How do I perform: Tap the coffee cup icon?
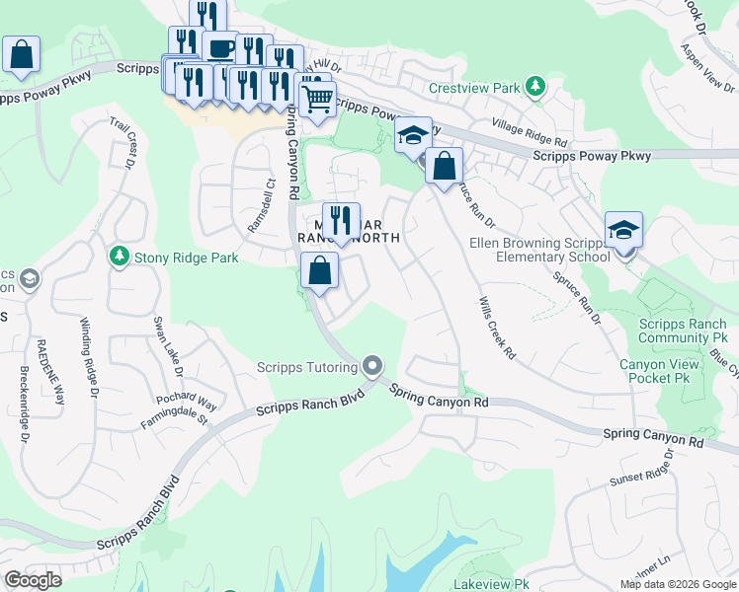click(x=219, y=49)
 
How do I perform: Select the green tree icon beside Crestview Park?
click(x=535, y=87)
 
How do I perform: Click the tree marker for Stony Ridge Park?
click(x=119, y=257)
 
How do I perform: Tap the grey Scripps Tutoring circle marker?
click(x=372, y=367)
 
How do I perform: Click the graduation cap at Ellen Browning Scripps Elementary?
click(x=623, y=231)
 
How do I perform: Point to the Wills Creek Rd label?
click(x=497, y=327)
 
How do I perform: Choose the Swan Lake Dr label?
click(x=167, y=346)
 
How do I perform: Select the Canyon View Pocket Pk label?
click(x=660, y=371)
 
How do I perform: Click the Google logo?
click(x=33, y=580)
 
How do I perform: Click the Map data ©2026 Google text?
click(x=677, y=584)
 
